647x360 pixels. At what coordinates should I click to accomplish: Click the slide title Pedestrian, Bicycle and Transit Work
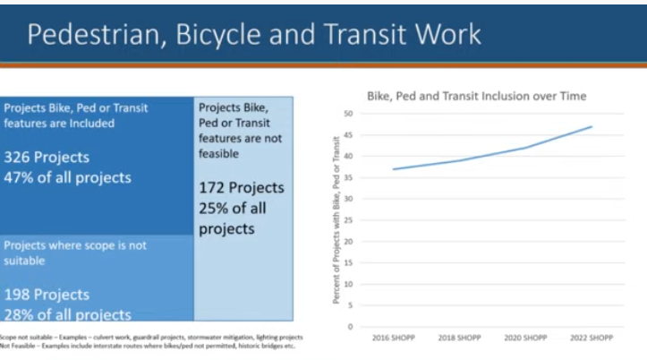[253, 33]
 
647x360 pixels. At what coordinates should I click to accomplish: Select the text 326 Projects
[47, 158]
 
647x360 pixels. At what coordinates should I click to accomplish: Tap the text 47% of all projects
[67, 177]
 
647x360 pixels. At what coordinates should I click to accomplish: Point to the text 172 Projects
[241, 188]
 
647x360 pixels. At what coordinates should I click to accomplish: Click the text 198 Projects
[47, 295]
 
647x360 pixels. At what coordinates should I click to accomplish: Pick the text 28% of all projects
[67, 313]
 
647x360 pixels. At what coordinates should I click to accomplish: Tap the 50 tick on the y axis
[348, 114]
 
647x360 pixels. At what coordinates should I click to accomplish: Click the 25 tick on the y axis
[348, 220]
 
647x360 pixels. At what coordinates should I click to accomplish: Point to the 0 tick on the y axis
[351, 327]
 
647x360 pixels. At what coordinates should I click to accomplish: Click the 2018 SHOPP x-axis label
[459, 339]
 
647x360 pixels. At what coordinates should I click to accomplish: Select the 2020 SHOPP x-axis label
[525, 339]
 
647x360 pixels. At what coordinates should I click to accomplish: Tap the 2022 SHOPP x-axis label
[592, 339]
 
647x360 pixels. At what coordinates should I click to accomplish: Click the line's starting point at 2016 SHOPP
[394, 169]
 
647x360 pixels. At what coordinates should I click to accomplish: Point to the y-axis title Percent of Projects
[336, 219]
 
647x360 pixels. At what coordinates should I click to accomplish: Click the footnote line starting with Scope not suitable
[151, 337]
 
